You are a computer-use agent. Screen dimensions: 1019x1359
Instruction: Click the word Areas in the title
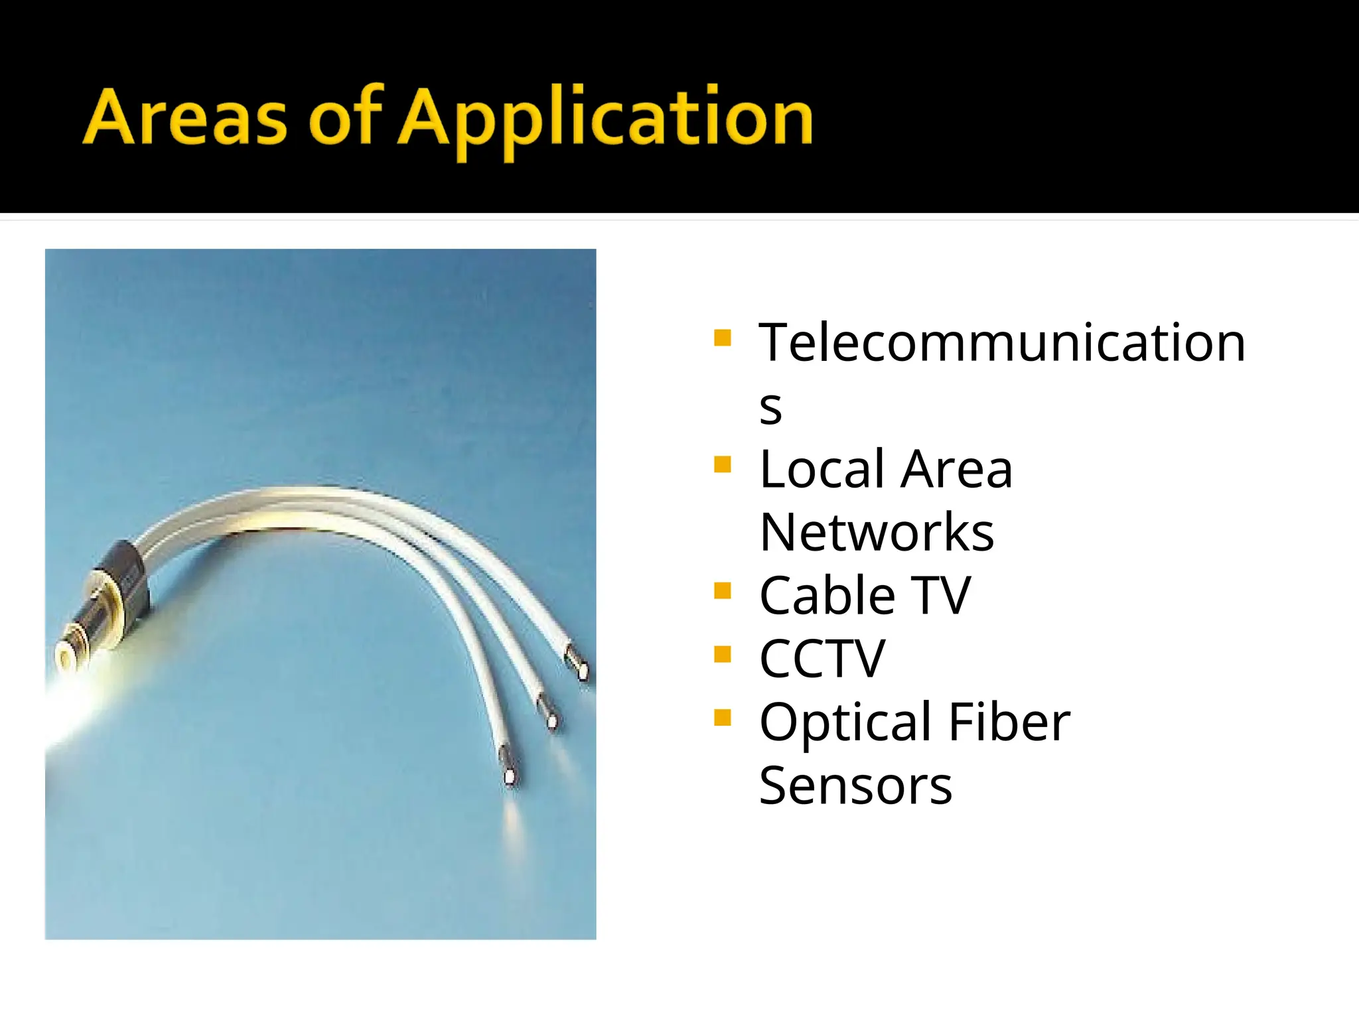(186, 118)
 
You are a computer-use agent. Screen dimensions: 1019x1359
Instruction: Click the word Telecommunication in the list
(1002, 343)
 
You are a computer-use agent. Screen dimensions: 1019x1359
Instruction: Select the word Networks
(877, 533)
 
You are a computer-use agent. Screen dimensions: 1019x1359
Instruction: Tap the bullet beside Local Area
(723, 464)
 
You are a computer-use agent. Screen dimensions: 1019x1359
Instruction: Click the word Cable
(827, 596)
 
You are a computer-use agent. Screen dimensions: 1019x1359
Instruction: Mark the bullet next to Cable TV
(723, 590)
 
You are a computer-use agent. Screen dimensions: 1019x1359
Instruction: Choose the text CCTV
(822, 659)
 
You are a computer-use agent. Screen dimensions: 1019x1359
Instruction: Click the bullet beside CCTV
(723, 654)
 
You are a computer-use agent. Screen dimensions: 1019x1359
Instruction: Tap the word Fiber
(1009, 722)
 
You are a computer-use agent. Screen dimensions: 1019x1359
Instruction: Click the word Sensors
(855, 786)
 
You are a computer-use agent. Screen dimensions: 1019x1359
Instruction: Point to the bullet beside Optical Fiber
(723, 717)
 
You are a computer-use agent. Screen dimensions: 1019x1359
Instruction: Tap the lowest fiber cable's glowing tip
(510, 776)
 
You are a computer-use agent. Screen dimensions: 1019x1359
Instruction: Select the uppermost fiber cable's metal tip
(581, 670)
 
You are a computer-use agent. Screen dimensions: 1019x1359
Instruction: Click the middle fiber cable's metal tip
(551, 719)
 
